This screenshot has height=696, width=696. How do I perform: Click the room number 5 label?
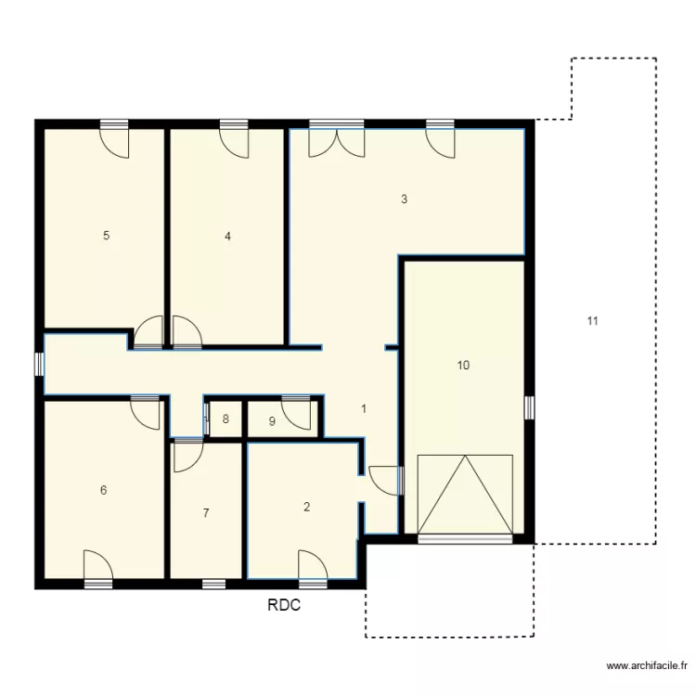[x=107, y=236]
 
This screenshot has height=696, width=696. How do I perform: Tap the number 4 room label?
[x=227, y=236]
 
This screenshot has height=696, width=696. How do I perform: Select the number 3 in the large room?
[x=404, y=199]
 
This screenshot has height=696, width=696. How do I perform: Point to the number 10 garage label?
[x=463, y=366]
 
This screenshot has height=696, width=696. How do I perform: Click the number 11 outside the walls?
[x=592, y=322]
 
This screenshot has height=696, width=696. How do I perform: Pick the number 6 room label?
[x=103, y=490]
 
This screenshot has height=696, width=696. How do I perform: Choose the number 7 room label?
[x=206, y=512]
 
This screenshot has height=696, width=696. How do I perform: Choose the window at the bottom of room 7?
[x=213, y=584]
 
